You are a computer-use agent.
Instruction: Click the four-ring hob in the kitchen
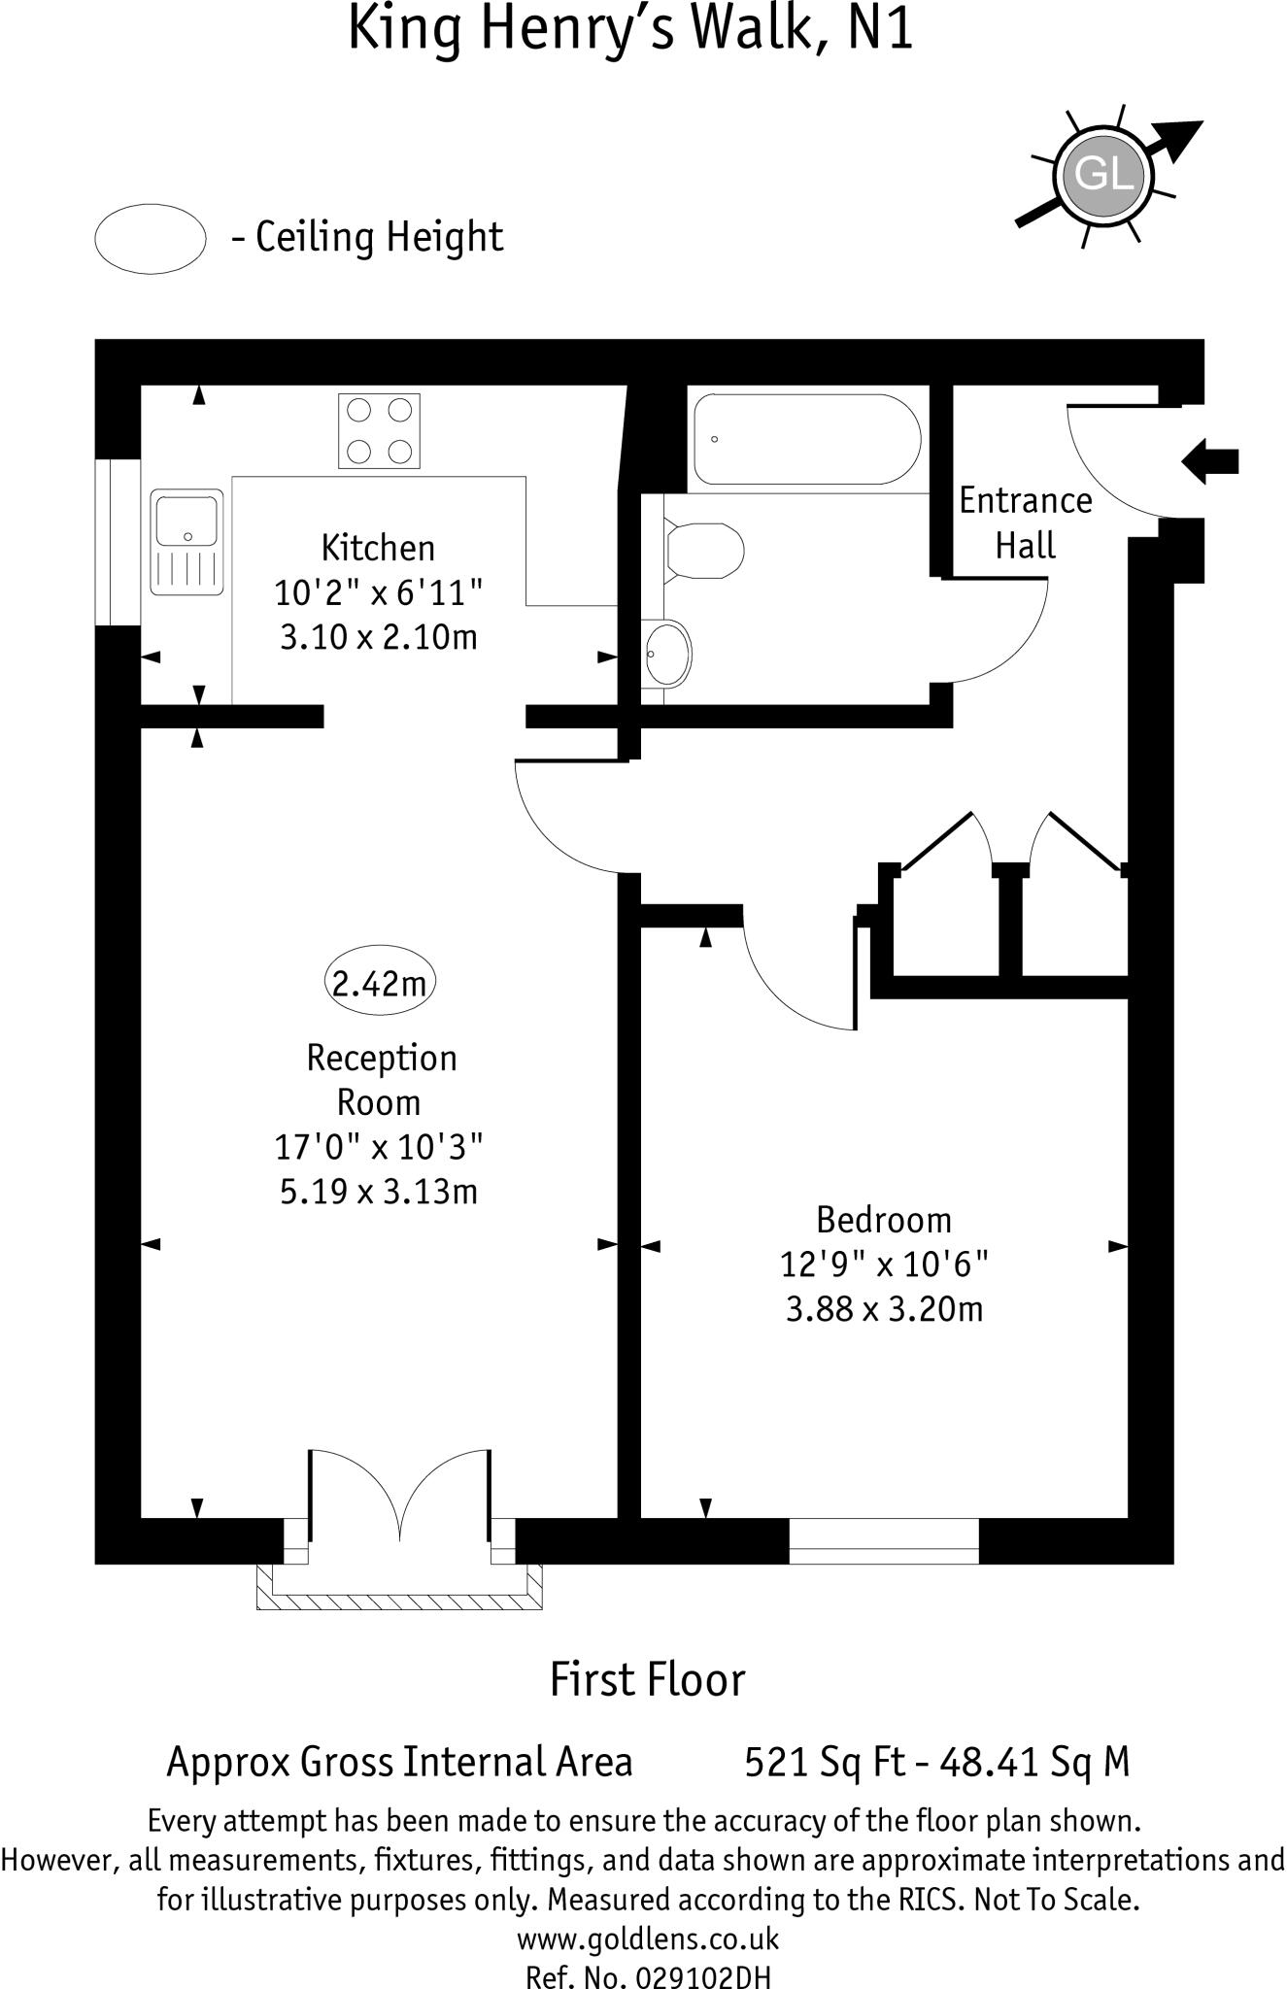tap(379, 430)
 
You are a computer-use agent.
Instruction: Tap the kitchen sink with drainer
tap(186, 542)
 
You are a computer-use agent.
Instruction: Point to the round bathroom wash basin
tap(667, 654)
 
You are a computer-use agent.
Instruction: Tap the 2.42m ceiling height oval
tap(380, 984)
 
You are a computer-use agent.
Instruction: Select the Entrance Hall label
tap(1026, 523)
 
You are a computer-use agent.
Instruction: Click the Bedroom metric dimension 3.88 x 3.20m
tap(884, 1309)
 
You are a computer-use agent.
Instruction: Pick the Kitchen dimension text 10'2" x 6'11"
tap(378, 592)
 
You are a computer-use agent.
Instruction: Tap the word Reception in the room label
tap(382, 1058)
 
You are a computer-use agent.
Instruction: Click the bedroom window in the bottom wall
tap(883, 1540)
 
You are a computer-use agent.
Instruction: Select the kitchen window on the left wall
tap(119, 542)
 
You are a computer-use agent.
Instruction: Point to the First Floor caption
tap(647, 1680)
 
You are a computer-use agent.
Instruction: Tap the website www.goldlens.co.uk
tap(647, 1939)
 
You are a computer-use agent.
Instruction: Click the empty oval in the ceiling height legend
tap(151, 239)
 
